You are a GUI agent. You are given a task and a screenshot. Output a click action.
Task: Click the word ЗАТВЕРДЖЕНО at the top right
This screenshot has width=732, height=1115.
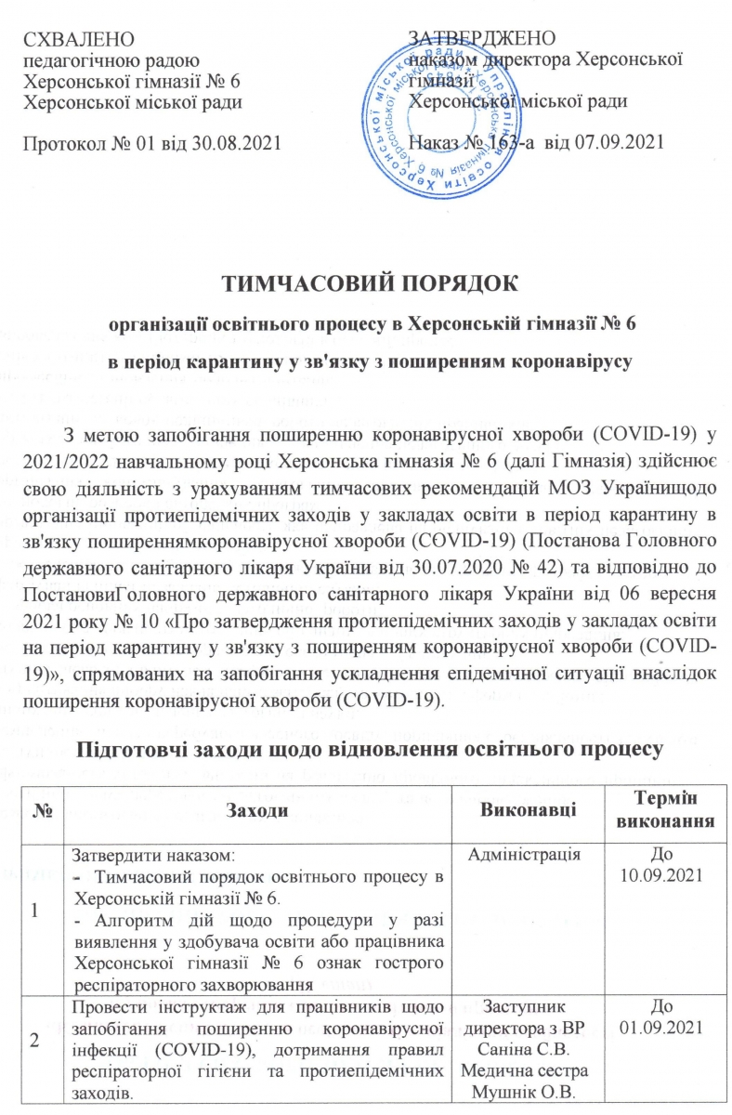tap(482, 39)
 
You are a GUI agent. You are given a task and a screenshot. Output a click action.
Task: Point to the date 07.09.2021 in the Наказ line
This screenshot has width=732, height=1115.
tap(622, 142)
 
